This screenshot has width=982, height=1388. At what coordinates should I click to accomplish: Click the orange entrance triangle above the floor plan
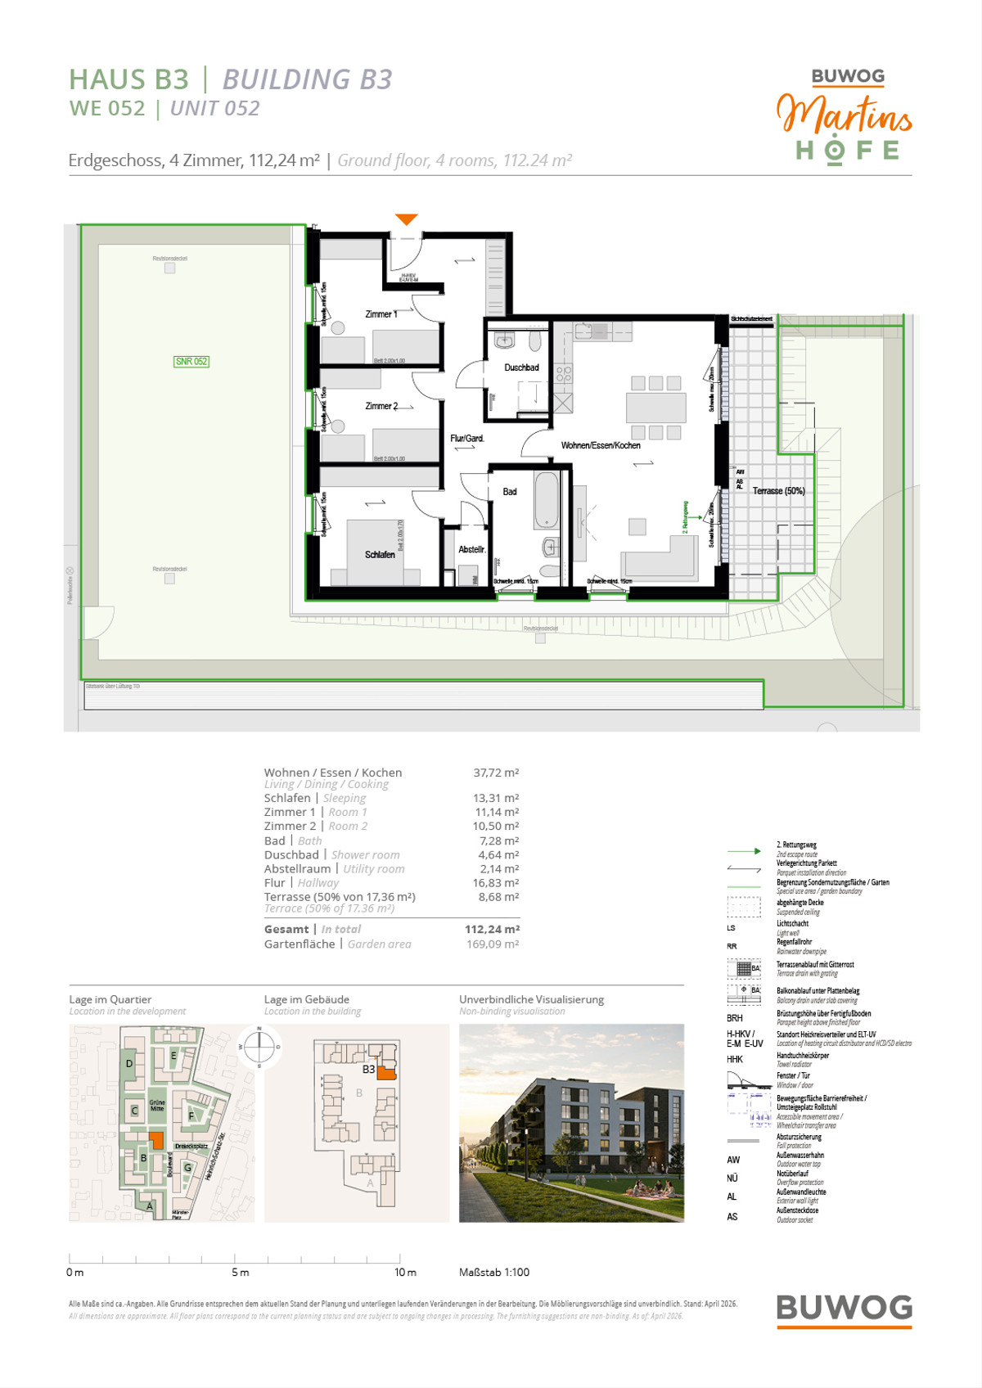[x=407, y=219]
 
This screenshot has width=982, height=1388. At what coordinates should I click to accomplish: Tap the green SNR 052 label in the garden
[x=191, y=361]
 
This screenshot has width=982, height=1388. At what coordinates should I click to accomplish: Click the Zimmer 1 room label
[x=381, y=314]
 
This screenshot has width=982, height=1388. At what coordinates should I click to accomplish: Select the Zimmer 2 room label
[x=381, y=406]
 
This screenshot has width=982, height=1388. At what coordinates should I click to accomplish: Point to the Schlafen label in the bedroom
[x=380, y=555]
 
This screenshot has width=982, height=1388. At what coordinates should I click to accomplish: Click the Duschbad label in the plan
[x=521, y=367]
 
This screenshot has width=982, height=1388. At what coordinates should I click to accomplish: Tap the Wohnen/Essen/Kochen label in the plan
[x=601, y=445]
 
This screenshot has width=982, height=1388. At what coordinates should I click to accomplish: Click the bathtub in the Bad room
[x=546, y=499]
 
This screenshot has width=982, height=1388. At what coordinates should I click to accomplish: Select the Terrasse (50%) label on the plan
[x=778, y=491]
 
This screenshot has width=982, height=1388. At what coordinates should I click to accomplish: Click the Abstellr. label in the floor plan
[x=471, y=549]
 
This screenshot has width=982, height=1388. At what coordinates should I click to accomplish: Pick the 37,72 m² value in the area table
[x=496, y=773]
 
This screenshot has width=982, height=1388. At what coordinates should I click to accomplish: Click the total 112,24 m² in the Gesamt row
[x=492, y=929]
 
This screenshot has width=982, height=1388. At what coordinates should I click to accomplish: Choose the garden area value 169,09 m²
[x=493, y=944]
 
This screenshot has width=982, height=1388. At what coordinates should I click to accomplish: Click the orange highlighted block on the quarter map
[x=157, y=1140]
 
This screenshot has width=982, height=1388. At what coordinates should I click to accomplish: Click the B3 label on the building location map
[x=368, y=1069]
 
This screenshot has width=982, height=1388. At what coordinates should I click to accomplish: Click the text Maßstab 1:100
[x=494, y=1272]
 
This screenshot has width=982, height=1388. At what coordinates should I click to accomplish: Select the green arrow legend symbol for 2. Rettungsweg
[x=744, y=851]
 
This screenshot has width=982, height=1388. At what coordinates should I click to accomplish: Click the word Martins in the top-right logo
[x=844, y=115]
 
